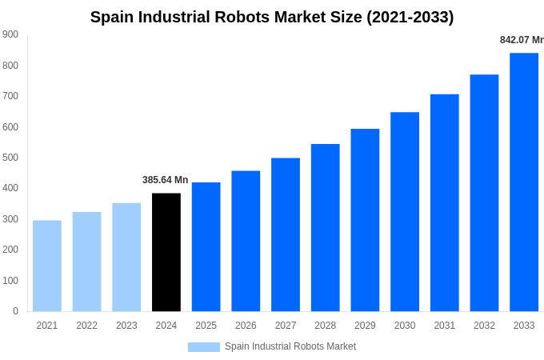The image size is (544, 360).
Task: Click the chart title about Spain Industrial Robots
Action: [x=272, y=17]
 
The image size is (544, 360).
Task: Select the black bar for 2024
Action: [x=166, y=252]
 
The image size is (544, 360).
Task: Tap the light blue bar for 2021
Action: [x=47, y=266]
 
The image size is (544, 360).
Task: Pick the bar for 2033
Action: [x=524, y=182]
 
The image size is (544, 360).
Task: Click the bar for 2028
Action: [x=326, y=228]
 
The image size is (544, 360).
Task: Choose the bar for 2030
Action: [x=405, y=212]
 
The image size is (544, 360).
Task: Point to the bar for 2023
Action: [x=126, y=257]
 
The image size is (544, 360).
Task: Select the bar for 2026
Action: [x=246, y=241]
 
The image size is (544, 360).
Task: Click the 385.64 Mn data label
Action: [x=166, y=180]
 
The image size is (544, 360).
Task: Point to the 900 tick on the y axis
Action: [x=10, y=34]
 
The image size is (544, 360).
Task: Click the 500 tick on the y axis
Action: [x=10, y=158]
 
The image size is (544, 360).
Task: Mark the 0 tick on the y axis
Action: [x=15, y=311]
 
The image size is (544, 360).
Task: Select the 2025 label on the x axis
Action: [x=206, y=326]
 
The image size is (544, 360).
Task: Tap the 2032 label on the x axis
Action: [x=484, y=326]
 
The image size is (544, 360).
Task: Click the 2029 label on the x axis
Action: [x=365, y=326]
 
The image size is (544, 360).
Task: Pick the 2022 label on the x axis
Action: [x=86, y=326]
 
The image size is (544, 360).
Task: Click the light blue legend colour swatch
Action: [x=204, y=346]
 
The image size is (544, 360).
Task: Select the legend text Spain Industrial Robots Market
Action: [x=290, y=346]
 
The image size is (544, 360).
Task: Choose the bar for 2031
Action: [x=445, y=203]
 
